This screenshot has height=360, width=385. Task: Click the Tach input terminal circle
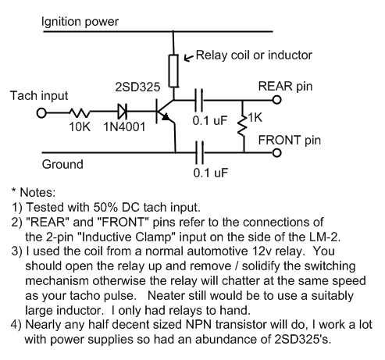tap(41, 113)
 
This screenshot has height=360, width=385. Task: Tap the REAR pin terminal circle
tap(277, 100)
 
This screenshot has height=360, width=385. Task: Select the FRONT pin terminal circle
tap(277, 153)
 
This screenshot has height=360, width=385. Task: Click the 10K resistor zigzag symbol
tap(80, 113)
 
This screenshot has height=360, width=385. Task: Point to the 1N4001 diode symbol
tap(123, 112)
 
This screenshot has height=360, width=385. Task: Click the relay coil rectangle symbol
tap(173, 71)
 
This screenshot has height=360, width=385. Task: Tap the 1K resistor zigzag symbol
tap(243, 126)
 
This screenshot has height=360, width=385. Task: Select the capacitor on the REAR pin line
tap(199, 100)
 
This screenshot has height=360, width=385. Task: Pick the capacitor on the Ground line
tap(200, 152)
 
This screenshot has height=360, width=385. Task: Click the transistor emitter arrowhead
tap(166, 117)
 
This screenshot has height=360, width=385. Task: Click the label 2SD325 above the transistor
tap(137, 87)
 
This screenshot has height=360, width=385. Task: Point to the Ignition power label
tap(80, 22)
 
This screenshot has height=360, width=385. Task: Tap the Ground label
tap(62, 164)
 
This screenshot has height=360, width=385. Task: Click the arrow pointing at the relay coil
tap(189, 58)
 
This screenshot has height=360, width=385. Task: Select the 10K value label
tap(80, 127)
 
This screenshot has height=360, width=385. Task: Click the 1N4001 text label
tap(124, 127)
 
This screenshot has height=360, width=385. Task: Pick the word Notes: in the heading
tap(37, 192)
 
